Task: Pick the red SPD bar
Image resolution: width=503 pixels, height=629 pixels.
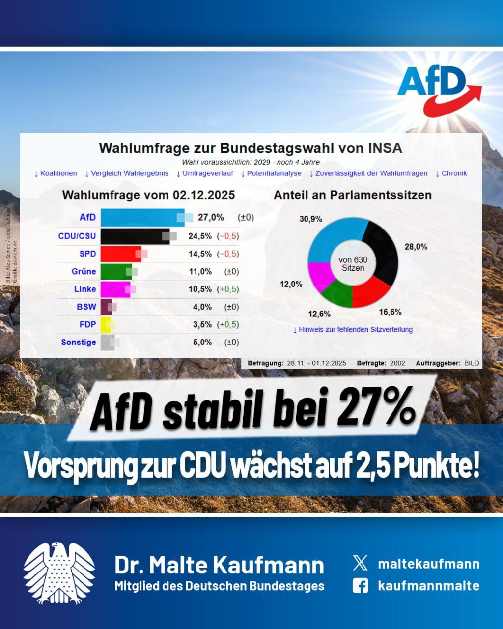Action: click(121, 254)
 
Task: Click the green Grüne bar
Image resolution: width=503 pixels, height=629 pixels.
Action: click(116, 271)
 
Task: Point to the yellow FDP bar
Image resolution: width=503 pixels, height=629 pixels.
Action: click(106, 324)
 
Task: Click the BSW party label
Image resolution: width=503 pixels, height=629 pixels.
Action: click(86, 307)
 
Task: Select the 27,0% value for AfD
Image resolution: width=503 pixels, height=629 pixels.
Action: click(211, 217)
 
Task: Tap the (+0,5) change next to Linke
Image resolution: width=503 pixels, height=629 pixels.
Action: click(228, 289)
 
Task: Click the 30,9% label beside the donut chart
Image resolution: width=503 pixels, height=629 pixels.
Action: click(310, 219)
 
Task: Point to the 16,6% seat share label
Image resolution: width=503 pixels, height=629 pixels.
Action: click(390, 312)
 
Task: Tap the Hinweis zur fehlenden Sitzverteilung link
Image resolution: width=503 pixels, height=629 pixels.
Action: click(353, 329)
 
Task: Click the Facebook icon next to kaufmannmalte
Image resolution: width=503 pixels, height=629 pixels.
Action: click(360, 585)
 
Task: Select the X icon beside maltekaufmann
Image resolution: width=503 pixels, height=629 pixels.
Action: click(360, 563)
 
